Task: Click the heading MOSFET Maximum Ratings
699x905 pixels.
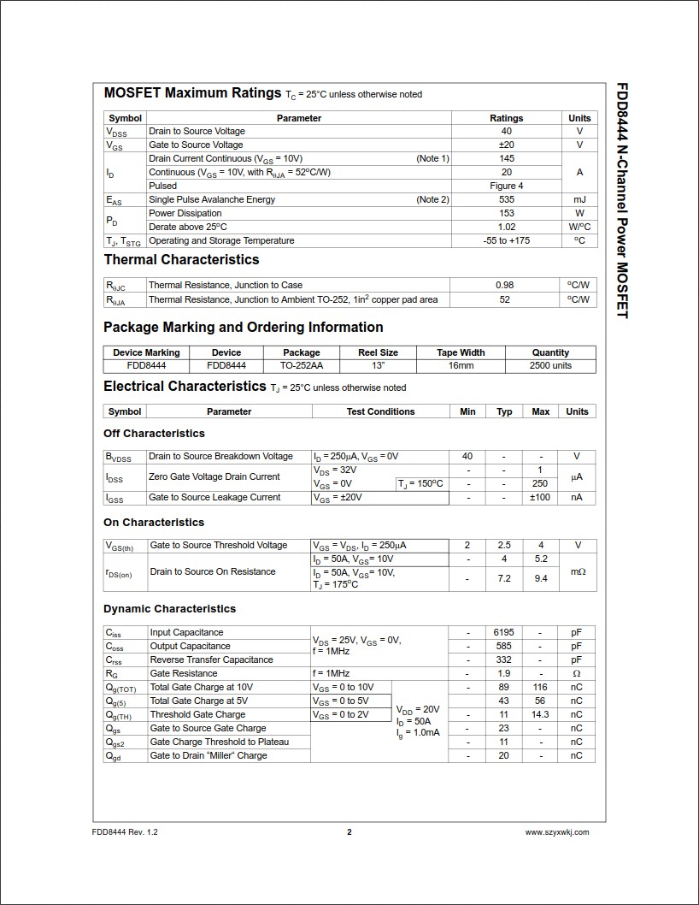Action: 192,92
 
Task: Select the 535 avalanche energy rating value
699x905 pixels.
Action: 507,199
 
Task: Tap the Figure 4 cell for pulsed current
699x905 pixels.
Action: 507,186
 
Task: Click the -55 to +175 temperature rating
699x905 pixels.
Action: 507,240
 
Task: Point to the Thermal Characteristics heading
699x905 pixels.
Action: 181,259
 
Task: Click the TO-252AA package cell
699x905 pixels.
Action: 301,365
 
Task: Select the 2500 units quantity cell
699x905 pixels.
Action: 550,365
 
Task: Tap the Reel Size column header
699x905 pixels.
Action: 378,352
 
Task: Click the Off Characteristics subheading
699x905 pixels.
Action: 154,433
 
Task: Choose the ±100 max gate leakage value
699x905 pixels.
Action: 540,497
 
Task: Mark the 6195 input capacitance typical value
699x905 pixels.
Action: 504,632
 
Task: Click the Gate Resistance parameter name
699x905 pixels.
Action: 179,673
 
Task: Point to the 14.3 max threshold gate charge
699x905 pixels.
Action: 540,714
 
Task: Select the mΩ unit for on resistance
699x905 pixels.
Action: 578,571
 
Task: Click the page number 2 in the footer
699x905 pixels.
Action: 349,831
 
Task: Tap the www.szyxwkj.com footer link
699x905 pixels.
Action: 556,831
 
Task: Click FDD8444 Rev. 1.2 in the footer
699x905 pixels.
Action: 125,831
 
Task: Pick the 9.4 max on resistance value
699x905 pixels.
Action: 540,578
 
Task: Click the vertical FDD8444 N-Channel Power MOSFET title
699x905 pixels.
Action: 622,201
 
